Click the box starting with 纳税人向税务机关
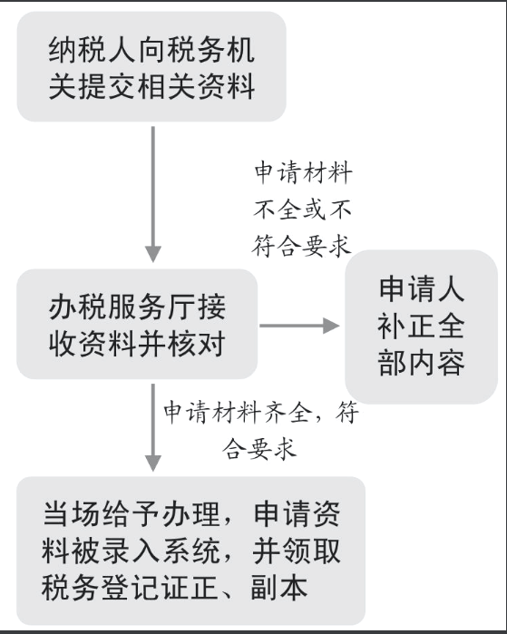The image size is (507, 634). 151,67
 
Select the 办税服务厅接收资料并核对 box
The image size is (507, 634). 137,324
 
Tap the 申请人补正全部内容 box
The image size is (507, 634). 421,327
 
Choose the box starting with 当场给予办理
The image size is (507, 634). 190,551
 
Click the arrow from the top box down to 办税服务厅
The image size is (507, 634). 153,194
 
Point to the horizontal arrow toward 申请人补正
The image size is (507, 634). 299,326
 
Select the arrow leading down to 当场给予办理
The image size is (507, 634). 153,427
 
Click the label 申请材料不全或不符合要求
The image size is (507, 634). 303,210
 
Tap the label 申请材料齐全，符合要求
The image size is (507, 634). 261,430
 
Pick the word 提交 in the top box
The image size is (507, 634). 93,86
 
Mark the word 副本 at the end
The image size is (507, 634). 279,587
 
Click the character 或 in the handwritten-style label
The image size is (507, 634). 315,210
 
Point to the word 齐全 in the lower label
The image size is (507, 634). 288,412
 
